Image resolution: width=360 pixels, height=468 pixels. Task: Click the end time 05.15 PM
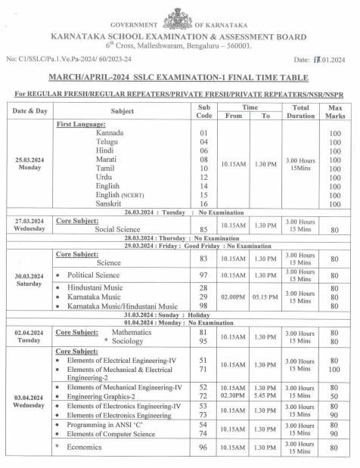pos(265,296)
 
